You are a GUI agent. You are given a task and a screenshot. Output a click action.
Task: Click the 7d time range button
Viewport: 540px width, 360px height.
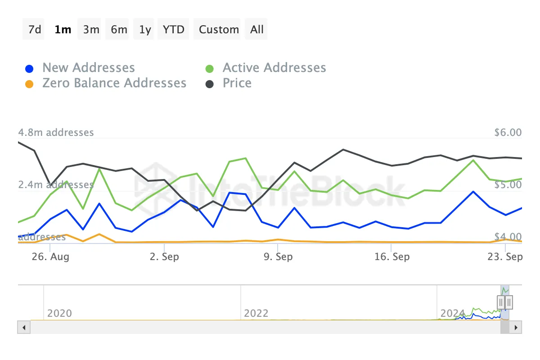(34, 30)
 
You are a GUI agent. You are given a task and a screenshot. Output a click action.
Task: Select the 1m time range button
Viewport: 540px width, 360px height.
(63, 30)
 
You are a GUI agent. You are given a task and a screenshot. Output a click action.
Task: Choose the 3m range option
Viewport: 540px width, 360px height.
(91, 30)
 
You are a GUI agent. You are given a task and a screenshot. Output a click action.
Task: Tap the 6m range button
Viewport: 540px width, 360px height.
(119, 30)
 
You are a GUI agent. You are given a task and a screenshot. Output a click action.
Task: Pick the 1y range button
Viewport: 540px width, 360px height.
(145, 30)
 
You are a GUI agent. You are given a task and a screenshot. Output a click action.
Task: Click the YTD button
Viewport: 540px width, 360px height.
(174, 30)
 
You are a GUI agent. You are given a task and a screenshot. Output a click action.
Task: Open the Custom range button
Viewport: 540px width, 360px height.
(219, 30)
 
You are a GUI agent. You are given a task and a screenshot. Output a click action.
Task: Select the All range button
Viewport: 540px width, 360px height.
(257, 30)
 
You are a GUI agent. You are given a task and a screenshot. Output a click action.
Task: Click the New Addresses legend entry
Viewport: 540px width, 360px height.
(88, 68)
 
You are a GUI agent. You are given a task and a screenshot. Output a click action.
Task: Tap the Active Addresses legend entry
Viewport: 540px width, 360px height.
(274, 68)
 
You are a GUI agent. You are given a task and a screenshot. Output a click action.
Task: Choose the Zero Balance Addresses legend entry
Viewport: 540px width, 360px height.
(114, 83)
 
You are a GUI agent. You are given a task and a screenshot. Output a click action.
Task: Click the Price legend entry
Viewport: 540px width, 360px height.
(237, 83)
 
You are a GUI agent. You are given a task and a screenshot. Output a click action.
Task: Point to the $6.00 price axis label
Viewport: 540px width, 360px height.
(508, 133)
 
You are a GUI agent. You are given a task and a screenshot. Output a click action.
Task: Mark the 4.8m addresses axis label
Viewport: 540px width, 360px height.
(56, 133)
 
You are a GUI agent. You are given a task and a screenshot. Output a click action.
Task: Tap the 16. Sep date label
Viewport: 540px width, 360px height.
(392, 257)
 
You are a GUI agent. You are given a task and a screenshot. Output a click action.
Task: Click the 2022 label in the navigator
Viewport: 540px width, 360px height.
(256, 313)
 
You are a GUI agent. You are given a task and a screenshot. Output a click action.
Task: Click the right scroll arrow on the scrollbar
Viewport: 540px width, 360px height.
(516, 327)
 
